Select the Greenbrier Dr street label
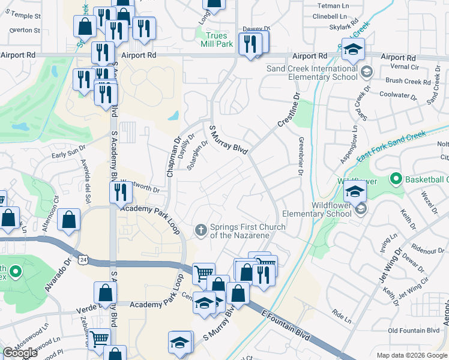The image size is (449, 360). point(299,156)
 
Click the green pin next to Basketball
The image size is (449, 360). point(396,179)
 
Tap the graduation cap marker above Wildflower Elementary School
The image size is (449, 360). point(355,192)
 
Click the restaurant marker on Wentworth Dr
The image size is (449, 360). point(121,192)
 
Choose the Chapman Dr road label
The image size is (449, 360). point(173,157)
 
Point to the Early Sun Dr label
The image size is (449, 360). point(65,155)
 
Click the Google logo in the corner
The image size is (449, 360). point(20,353)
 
